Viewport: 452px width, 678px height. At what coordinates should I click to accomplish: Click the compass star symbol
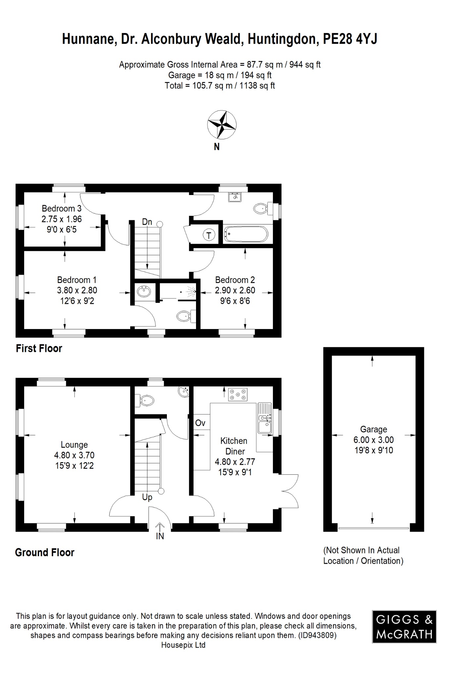222,125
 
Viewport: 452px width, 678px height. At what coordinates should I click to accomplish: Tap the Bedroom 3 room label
62,209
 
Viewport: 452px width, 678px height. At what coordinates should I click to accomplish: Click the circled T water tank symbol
209,235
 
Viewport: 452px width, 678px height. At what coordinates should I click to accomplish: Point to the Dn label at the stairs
147,222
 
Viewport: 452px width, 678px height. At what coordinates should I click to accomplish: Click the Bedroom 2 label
235,280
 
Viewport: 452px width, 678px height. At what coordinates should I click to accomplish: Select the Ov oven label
200,423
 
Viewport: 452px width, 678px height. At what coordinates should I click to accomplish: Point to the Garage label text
374,429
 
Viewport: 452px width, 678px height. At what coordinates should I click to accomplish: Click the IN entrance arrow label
160,536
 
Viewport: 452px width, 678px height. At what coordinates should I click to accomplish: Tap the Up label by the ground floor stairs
147,497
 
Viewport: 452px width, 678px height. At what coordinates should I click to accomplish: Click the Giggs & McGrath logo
404,627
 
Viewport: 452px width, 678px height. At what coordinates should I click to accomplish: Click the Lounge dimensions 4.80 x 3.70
74,455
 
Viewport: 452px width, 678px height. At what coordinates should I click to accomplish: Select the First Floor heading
39,349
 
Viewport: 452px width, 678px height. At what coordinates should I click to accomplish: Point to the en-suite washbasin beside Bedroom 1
144,292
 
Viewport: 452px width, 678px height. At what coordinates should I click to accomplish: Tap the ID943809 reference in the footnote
317,635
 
